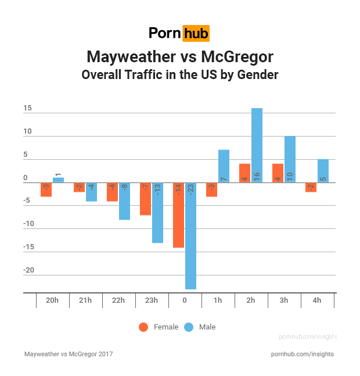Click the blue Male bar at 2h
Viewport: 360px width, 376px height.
point(257,145)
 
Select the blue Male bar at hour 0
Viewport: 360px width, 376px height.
point(190,235)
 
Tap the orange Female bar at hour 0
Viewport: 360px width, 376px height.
point(179,215)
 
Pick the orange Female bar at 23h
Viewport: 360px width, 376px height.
point(146,199)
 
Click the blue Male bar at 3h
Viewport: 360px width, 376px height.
point(290,159)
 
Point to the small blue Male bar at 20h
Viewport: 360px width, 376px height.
point(58,180)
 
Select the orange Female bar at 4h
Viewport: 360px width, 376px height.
point(311,187)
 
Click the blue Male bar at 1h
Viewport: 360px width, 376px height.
point(224,166)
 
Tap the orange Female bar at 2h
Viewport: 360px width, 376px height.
point(245,173)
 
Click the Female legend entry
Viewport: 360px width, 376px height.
point(159,327)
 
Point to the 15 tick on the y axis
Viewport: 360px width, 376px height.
point(28,109)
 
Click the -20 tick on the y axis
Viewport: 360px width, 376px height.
point(28,270)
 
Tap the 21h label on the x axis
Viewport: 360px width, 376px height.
point(85,300)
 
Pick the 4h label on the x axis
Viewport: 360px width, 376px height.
point(317,300)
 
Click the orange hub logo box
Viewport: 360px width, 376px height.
point(196,33)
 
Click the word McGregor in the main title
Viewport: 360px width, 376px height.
point(237,57)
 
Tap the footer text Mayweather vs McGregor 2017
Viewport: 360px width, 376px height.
point(69,354)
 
